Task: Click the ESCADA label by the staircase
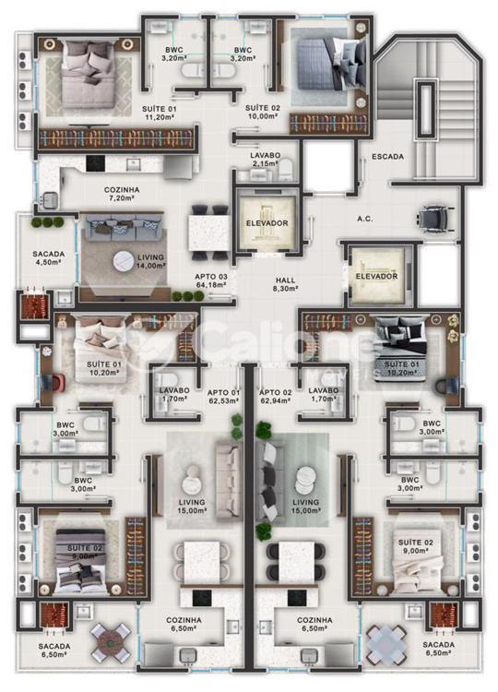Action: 387,156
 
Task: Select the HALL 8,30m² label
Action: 285,284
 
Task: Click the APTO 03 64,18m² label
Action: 211,280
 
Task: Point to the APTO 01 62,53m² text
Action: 223,397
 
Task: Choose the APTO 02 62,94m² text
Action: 275,397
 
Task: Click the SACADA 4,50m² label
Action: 49,257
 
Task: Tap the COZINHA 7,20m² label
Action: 122,194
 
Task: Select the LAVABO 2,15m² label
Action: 265,160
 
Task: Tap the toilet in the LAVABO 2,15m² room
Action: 286,170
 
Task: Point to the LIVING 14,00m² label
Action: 151,261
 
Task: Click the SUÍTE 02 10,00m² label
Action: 263,112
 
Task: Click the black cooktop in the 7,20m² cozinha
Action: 96,163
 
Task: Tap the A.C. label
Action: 365,219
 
